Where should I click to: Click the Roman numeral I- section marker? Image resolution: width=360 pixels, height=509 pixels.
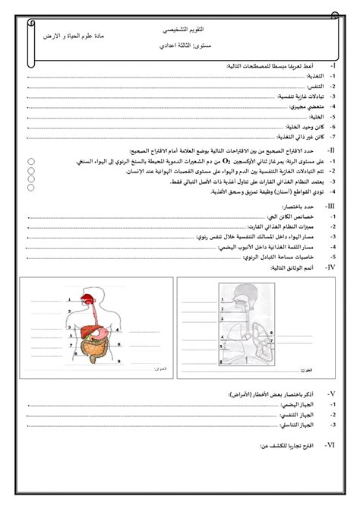332,68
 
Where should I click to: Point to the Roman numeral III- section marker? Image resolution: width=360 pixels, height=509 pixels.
330,206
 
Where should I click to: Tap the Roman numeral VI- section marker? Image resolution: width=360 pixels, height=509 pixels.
330,447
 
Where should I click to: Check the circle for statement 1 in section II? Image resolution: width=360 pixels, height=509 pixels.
27,161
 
